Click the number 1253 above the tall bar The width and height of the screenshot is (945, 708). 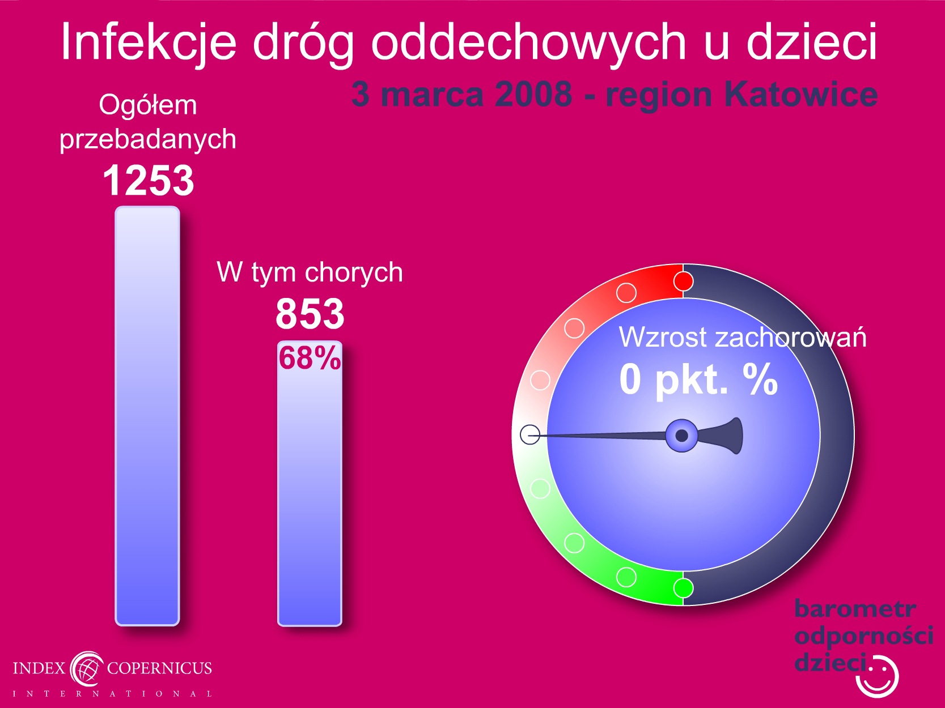pos(149,180)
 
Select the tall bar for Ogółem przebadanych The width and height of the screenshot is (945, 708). pos(147,416)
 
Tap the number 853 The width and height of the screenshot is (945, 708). pos(310,314)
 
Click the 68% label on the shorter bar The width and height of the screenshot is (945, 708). pos(310,357)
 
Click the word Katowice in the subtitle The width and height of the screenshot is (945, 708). pos(801,94)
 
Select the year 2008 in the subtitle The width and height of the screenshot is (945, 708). pos(533,94)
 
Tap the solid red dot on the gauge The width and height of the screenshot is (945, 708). pos(683,282)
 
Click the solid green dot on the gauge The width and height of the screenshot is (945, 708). pos(683,588)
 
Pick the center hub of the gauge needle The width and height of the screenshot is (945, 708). pos(681,436)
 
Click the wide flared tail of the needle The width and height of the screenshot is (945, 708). pos(723,436)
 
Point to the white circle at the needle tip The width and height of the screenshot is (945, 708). pos(530,434)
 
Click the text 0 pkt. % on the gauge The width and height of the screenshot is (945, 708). pos(698,379)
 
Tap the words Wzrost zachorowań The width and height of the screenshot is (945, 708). pos(743,337)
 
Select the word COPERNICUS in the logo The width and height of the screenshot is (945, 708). pos(159,668)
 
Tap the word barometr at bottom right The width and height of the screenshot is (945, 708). pos(855,609)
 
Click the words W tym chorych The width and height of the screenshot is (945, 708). pos(310,272)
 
